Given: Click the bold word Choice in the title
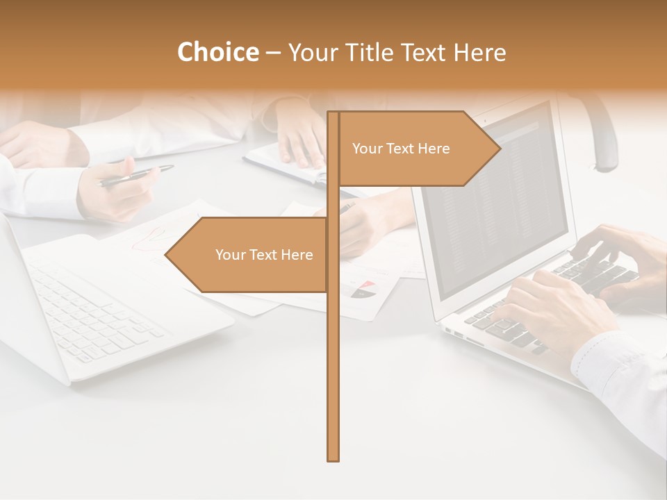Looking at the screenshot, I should click(x=217, y=52).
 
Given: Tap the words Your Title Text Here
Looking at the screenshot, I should click(x=397, y=52).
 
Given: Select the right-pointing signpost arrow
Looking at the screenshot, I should click(x=417, y=148).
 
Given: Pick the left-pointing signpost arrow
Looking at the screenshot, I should click(x=250, y=255).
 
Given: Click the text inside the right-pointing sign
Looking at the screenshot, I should click(x=401, y=149).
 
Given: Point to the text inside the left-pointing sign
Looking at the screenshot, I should click(x=264, y=255).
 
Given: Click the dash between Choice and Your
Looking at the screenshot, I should click(x=273, y=53).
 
